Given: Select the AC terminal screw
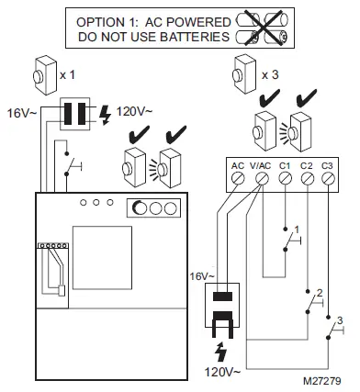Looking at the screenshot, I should coord(238,181).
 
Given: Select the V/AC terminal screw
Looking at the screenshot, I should coord(261,181).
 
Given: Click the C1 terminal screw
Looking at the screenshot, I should coord(285,181).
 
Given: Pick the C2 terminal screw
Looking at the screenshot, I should coord(308,181).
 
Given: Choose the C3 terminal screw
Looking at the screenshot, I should coord(331,181).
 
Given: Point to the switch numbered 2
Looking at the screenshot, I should coord(313,298).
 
